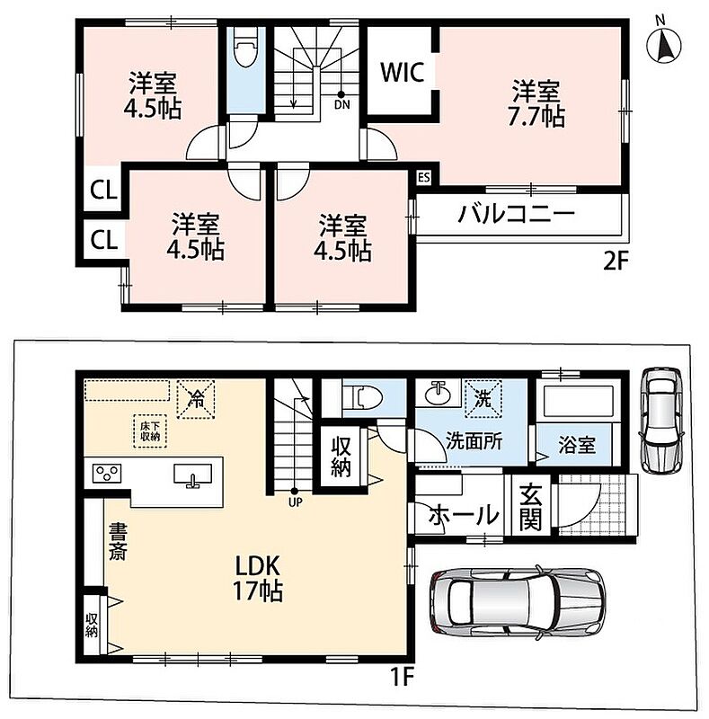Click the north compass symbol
(x=663, y=43)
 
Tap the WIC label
(x=403, y=73)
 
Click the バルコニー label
(x=517, y=214)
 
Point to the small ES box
(x=424, y=177)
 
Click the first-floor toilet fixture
(x=363, y=395)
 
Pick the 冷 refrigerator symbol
(x=196, y=400)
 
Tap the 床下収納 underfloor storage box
(x=150, y=431)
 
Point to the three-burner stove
(x=107, y=474)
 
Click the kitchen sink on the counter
(x=192, y=475)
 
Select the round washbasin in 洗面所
(x=438, y=395)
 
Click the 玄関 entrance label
(x=530, y=507)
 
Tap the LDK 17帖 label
(x=258, y=578)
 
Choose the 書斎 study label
(x=118, y=542)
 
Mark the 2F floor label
(x=615, y=262)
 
